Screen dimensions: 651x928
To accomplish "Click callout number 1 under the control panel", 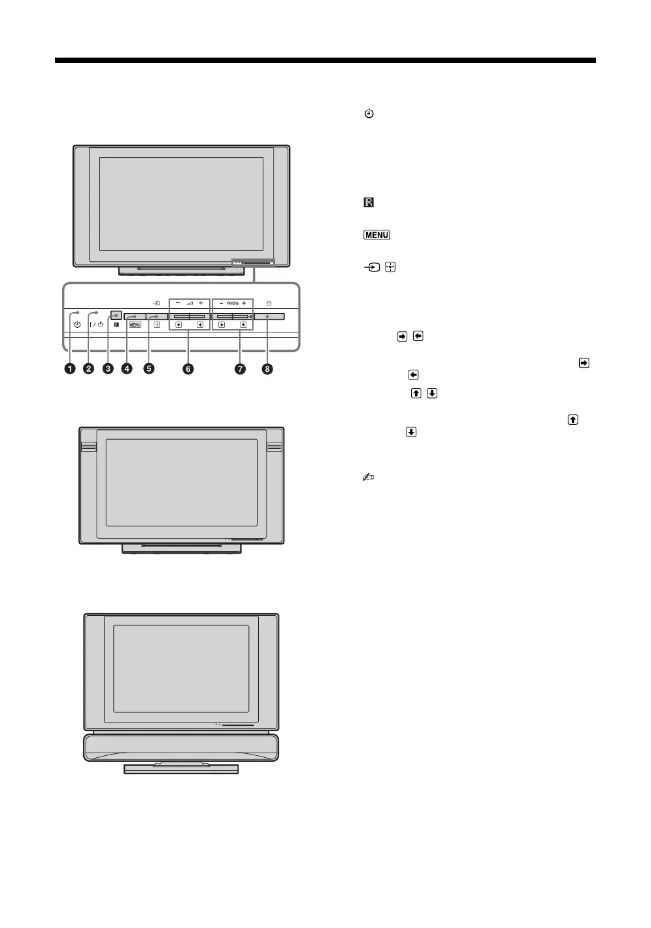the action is point(69,369).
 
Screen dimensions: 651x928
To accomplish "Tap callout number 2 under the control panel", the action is point(88,369).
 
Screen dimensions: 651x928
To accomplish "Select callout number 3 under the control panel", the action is point(108,369).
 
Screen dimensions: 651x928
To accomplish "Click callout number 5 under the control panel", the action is point(149,369).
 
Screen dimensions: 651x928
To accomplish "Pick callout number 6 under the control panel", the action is point(188,369).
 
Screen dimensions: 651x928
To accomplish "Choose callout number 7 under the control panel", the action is point(241,369).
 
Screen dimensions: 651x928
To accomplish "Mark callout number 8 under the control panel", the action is point(267,369).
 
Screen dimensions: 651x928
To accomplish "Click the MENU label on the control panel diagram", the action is point(135,325).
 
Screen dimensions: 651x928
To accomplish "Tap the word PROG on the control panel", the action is point(233,304).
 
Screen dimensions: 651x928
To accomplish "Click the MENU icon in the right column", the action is point(376,236).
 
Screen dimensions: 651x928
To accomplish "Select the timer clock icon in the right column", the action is point(369,115).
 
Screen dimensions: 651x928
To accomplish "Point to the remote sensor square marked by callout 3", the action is point(116,313).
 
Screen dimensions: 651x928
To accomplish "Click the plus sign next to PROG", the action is point(244,304).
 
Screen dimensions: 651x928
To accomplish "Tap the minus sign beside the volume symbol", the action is point(178,303).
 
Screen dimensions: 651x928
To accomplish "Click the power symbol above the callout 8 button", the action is point(269,303).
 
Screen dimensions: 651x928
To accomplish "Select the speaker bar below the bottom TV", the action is point(181,747).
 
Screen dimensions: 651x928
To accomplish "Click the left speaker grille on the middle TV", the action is point(88,447).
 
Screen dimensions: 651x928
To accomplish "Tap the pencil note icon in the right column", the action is point(369,478).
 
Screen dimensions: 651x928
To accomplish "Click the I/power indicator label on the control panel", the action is point(96,325).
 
